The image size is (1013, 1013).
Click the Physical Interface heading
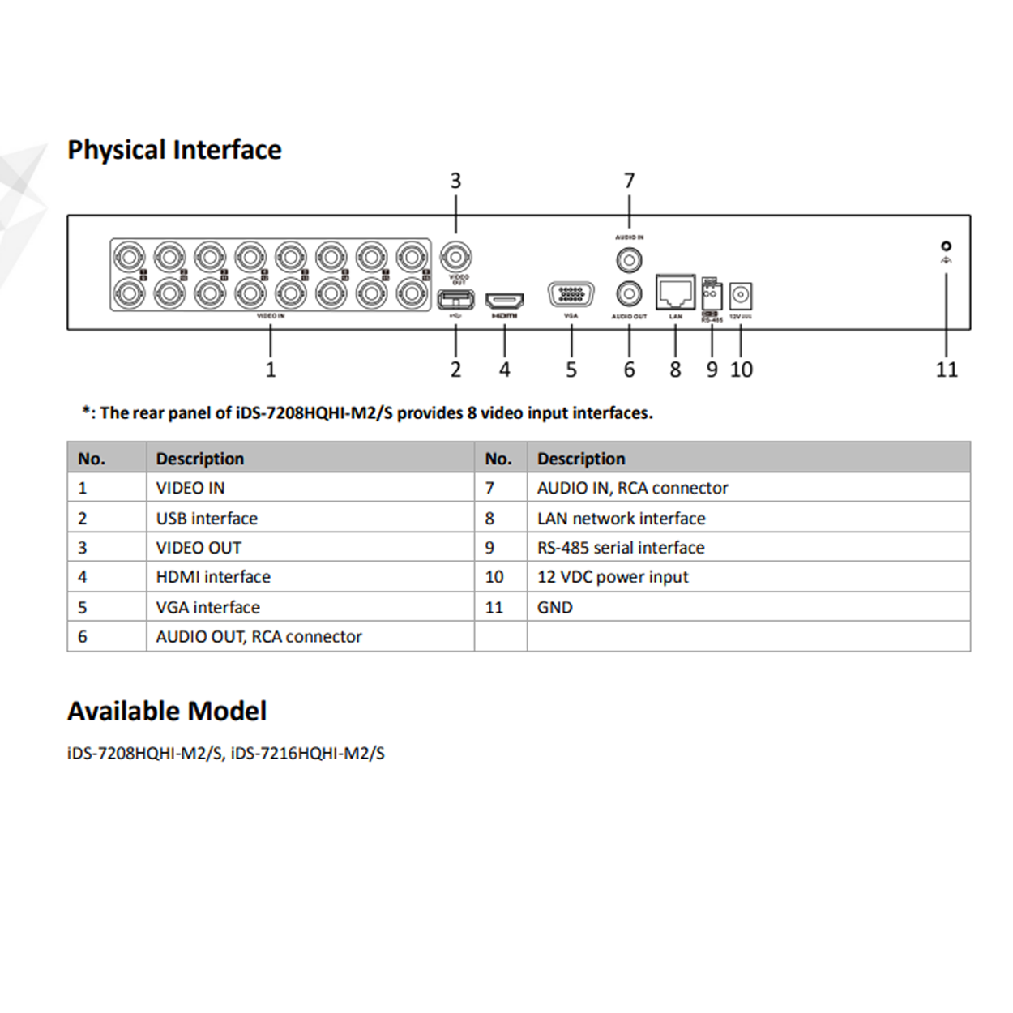tap(174, 150)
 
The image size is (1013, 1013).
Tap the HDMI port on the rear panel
tap(504, 301)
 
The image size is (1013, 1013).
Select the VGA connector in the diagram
tap(571, 295)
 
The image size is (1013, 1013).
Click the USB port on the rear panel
tap(455, 301)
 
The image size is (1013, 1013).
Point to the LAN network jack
tap(675, 293)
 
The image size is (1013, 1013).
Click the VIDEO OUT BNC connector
tap(455, 258)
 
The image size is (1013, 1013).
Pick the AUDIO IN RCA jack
tap(629, 260)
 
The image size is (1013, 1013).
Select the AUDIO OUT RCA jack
tap(629, 293)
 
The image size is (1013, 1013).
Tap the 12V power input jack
tap(741, 295)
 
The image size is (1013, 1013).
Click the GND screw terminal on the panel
tap(946, 246)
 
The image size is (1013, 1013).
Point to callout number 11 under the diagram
tap(947, 370)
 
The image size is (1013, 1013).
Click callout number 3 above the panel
tap(455, 181)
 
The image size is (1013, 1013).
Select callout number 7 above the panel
tap(629, 181)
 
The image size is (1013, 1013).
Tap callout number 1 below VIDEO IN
tap(271, 370)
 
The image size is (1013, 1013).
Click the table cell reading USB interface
tap(207, 519)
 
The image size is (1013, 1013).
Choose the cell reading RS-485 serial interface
tap(621, 548)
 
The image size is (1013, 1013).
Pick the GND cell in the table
tap(555, 608)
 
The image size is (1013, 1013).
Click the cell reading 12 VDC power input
tap(613, 578)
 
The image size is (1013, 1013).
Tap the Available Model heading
tap(167, 712)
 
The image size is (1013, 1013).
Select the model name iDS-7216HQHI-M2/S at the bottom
tap(308, 754)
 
